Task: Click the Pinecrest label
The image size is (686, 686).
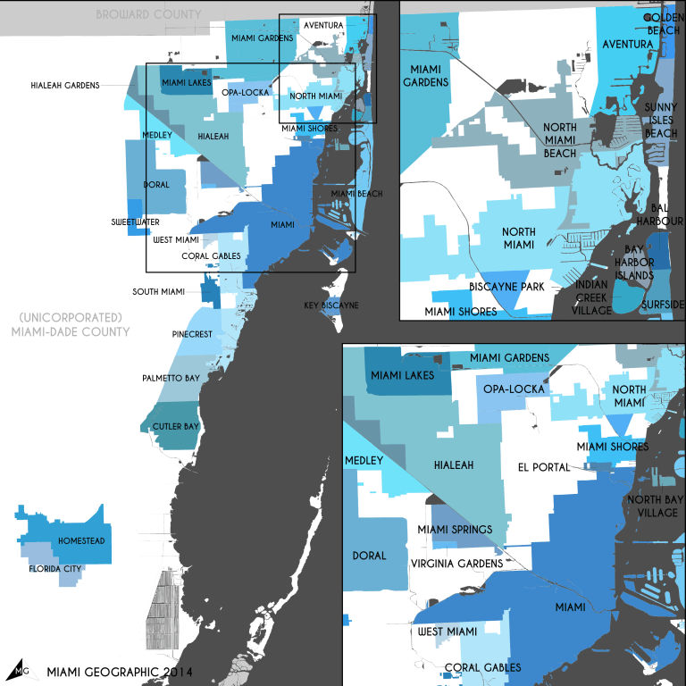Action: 191,333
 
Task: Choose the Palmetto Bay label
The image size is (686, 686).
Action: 171,379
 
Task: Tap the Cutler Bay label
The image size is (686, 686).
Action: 175,426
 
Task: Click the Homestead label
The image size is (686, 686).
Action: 81,541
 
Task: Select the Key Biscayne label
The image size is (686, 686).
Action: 330,305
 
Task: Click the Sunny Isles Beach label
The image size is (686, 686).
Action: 661,120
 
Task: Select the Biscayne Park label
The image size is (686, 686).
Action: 507,287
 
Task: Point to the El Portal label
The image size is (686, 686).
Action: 543,466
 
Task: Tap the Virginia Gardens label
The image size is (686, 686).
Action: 456,564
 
